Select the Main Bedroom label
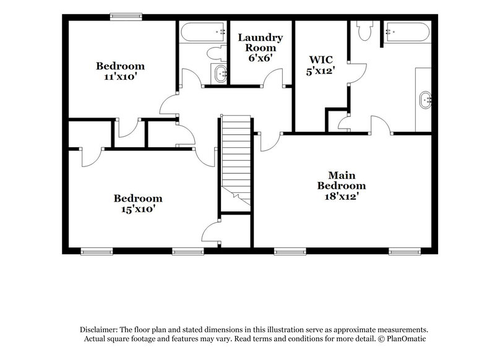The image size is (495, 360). pos(342,180)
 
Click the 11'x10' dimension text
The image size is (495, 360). pos(120,78)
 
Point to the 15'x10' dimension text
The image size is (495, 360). pos(137,209)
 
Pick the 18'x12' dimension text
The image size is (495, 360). pos(341,196)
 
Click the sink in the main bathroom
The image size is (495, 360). pos(426,98)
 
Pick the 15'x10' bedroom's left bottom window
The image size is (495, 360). pos(96,251)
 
